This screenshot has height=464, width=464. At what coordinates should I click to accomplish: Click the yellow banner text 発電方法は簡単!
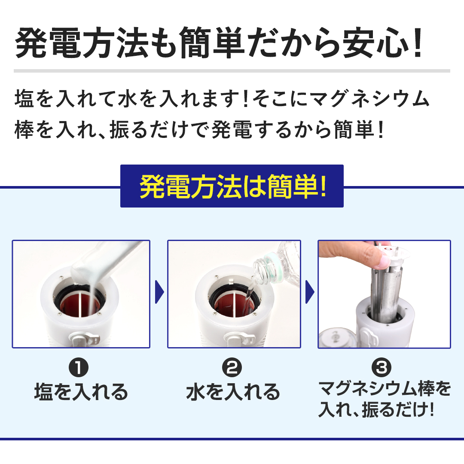pyautogui.click(x=232, y=187)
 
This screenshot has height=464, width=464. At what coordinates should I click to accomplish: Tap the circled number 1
pyautogui.click(x=79, y=367)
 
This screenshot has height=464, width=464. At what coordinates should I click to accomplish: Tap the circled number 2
pyautogui.click(x=232, y=367)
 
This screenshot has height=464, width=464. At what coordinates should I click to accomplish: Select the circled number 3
pyautogui.click(x=382, y=367)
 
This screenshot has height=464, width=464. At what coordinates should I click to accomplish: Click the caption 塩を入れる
pyautogui.click(x=81, y=392)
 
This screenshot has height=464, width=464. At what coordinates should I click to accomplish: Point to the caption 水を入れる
pyautogui.click(x=233, y=392)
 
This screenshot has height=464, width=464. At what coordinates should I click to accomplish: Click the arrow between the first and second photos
pyautogui.click(x=159, y=292)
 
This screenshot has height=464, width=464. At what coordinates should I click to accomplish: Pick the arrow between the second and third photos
pyautogui.click(x=309, y=292)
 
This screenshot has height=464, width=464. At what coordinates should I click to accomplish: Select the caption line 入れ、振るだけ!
pyautogui.click(x=376, y=409)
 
